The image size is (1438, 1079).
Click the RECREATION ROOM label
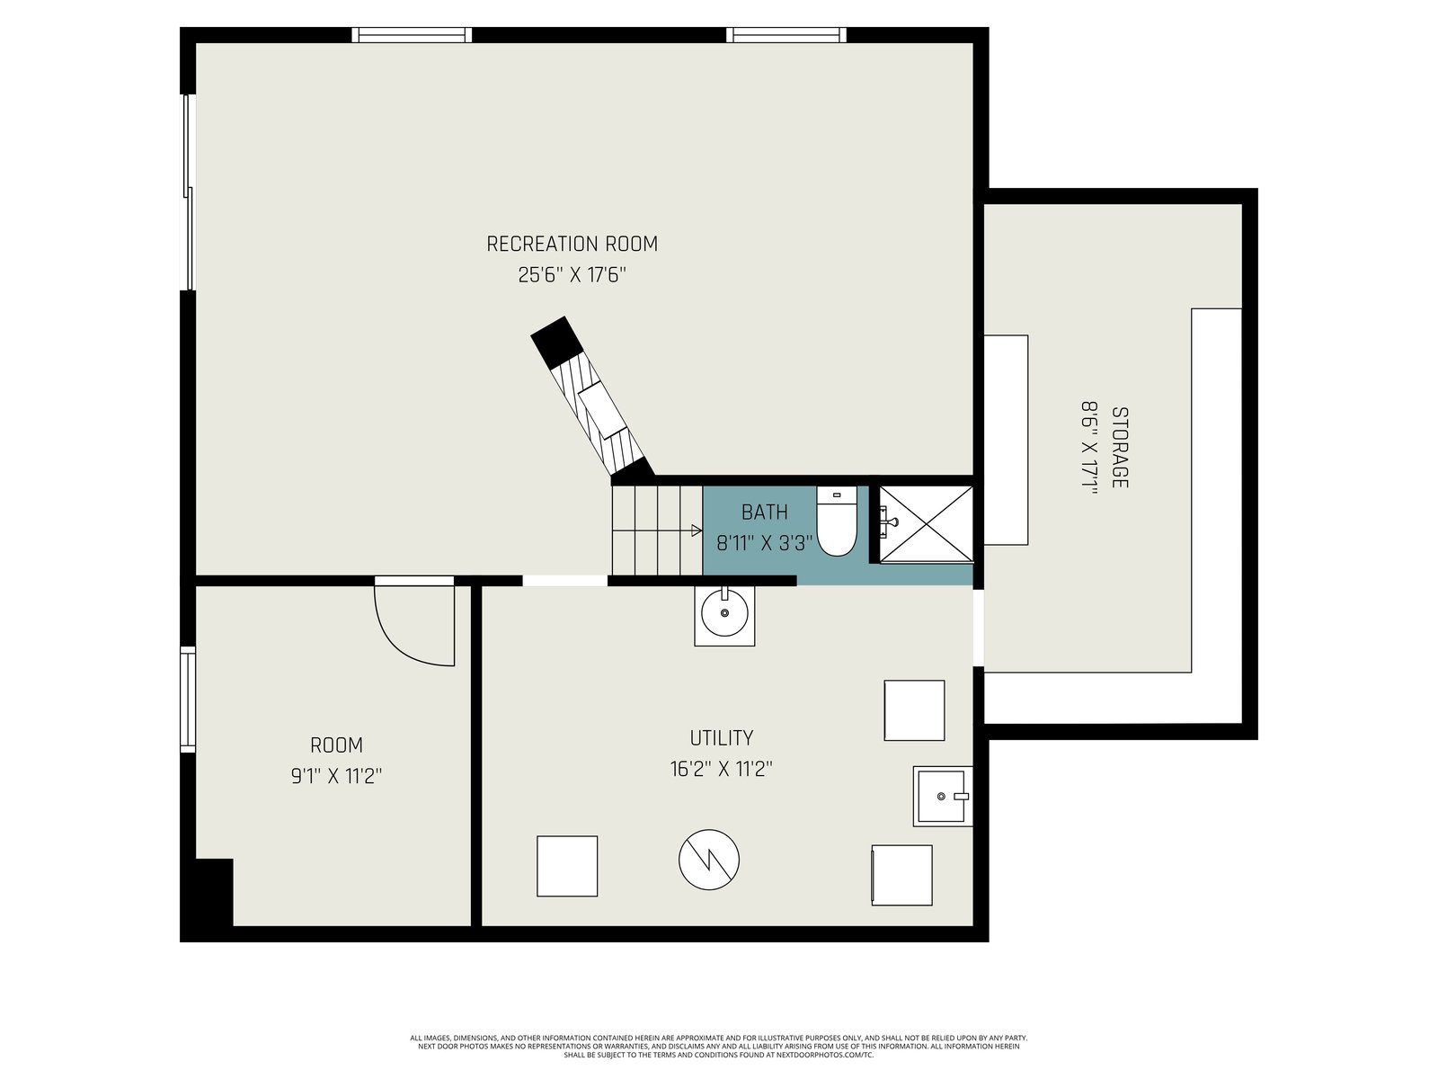click(x=572, y=244)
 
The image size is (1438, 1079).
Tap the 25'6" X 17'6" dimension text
click(x=572, y=274)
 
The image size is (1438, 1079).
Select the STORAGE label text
click(x=1120, y=448)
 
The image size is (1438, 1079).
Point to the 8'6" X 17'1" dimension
click(x=1088, y=448)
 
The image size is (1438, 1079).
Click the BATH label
click(x=764, y=512)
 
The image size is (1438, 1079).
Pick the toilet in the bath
click(x=837, y=521)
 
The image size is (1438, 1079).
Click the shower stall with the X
click(x=926, y=523)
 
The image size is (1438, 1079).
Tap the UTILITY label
click(x=721, y=737)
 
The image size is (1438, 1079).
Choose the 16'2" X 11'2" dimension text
click(x=721, y=769)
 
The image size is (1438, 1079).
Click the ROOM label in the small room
click(x=336, y=745)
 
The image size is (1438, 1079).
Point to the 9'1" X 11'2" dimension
click(x=336, y=776)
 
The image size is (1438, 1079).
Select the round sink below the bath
click(x=723, y=614)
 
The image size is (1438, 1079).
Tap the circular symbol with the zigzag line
click(x=708, y=860)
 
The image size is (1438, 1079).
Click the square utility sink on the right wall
click(x=942, y=796)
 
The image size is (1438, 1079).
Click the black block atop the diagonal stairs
click(x=557, y=342)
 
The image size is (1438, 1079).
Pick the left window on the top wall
click(x=412, y=35)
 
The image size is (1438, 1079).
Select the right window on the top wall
click(x=786, y=35)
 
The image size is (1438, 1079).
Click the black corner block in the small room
click(x=214, y=892)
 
